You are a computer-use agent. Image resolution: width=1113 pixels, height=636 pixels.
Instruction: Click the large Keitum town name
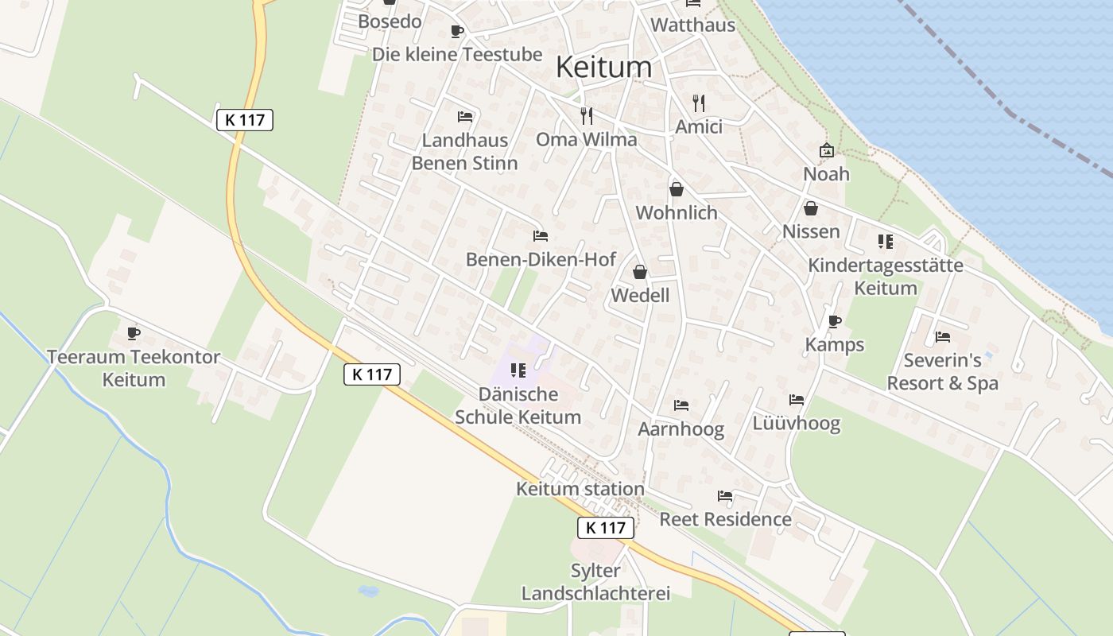pos(603,67)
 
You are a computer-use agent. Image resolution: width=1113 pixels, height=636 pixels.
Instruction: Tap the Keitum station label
pos(580,488)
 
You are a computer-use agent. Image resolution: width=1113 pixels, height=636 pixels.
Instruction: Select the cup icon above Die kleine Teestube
pos(457,32)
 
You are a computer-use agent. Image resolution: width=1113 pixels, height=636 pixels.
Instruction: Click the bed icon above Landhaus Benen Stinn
pos(465,117)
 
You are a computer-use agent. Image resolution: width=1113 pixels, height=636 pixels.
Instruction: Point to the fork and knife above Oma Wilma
pos(587,116)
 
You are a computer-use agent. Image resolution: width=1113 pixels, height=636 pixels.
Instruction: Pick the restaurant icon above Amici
pos(699,103)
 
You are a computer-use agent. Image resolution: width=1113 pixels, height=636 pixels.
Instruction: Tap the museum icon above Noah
pos(827,150)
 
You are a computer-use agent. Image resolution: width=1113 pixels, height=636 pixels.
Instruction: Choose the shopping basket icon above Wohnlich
pos(677,189)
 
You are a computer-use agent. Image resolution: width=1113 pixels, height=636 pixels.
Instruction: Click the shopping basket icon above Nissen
pos(811,208)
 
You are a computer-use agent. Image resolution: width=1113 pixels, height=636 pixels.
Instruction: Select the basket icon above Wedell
pos(640,273)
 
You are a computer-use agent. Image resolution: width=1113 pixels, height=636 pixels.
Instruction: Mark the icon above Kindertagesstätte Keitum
pos(885,242)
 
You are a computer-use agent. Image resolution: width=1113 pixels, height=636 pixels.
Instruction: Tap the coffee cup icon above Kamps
pos(834,321)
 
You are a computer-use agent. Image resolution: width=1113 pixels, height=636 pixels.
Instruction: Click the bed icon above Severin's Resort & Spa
pos(942,337)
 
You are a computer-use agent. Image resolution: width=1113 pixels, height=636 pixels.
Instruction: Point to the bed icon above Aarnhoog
pos(681,405)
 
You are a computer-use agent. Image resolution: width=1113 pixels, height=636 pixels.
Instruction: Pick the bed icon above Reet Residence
pos(725,496)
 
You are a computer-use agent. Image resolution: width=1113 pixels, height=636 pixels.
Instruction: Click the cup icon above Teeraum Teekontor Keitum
pos(134,333)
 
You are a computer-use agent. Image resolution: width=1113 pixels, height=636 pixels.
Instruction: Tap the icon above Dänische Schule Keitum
pos(518,370)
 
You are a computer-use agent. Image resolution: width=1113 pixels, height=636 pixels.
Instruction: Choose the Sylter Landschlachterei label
pos(595,582)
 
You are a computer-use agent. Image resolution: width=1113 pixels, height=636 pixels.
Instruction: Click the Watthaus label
pos(692,25)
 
